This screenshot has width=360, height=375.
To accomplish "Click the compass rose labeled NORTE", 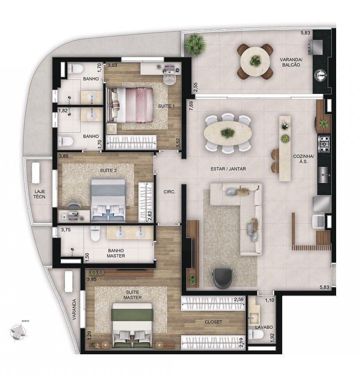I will [18, 331].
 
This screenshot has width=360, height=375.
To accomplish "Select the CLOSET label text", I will [213, 322].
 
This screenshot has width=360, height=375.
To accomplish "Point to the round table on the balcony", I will [255, 61].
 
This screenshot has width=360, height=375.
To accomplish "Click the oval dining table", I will [227, 133].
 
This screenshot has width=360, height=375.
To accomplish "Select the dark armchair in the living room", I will [223, 277].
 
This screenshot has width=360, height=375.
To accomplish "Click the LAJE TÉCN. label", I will [40, 194].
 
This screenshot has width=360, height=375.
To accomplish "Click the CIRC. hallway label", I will [169, 192].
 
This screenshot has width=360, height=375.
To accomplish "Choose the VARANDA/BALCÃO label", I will [290, 62].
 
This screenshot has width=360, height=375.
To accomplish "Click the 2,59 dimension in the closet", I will [238, 300].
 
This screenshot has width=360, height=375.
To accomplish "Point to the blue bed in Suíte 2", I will [108, 200].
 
